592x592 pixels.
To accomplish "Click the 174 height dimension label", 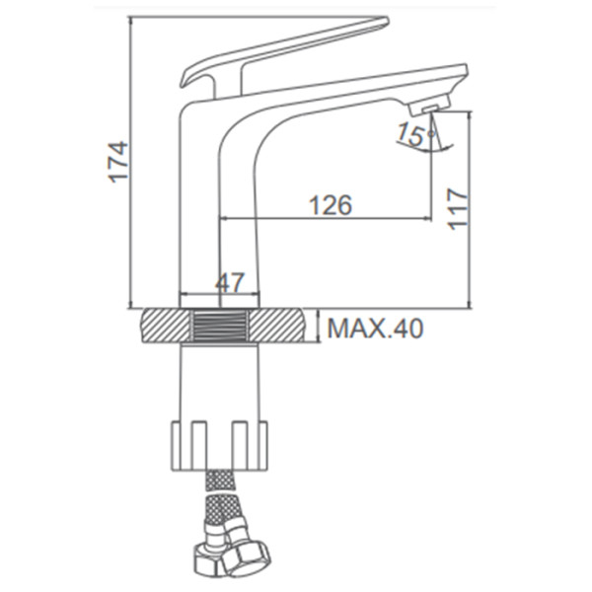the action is (x=118, y=162).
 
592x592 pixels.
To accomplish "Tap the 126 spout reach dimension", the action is (x=331, y=205).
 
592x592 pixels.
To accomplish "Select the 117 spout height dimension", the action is (x=457, y=209).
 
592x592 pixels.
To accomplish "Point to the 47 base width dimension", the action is (x=230, y=282).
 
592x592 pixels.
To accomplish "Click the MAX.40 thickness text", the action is (x=375, y=329).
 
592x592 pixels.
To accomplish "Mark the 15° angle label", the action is (x=415, y=134).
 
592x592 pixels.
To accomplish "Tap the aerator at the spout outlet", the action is (x=429, y=106).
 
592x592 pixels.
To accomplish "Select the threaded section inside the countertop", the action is (x=220, y=327).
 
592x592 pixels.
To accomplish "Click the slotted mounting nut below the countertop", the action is (x=220, y=446).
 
